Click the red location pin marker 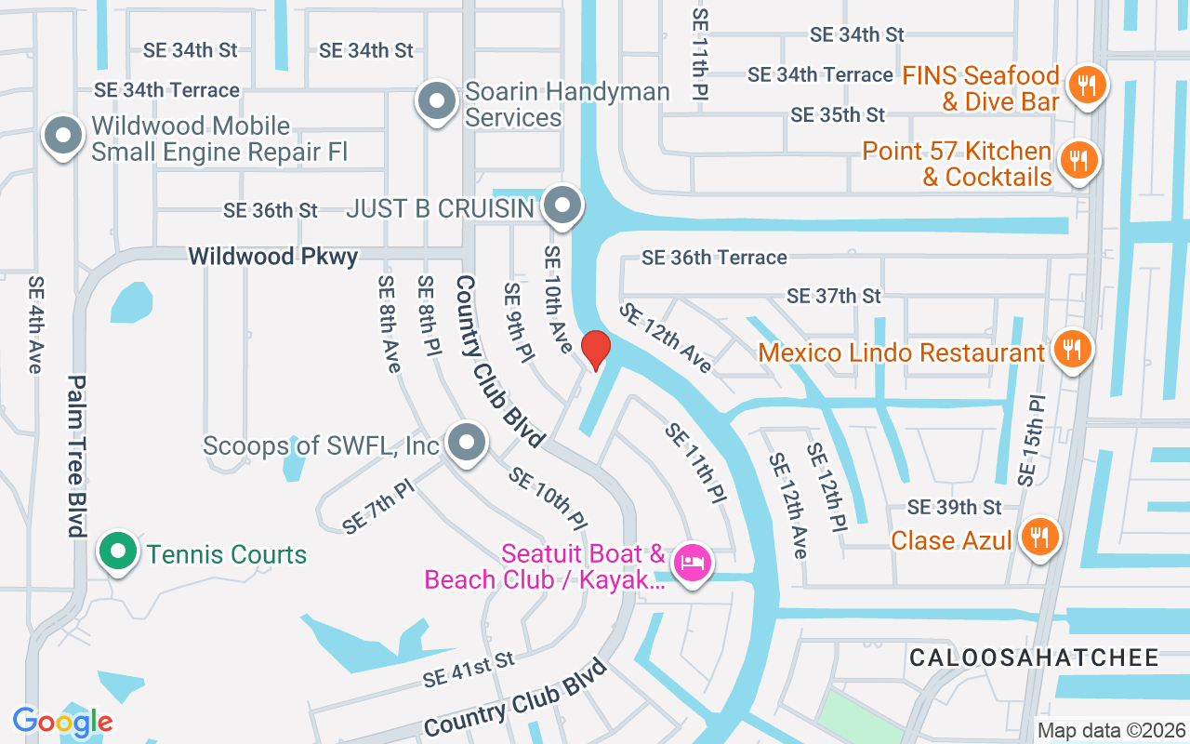(x=595, y=350)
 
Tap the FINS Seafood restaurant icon (x=1084, y=86)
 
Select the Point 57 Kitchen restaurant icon (x=1078, y=160)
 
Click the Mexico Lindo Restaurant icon (x=1072, y=350)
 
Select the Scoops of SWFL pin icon (x=466, y=443)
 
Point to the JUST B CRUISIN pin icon (x=562, y=206)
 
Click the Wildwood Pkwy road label (x=272, y=256)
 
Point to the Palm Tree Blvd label (x=76, y=456)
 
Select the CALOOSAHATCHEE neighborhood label (x=1034, y=658)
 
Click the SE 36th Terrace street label (x=714, y=257)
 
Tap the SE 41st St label (x=468, y=670)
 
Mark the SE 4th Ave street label (x=35, y=324)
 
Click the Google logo (x=62, y=722)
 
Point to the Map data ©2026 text (x=1111, y=730)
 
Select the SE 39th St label (x=955, y=507)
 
